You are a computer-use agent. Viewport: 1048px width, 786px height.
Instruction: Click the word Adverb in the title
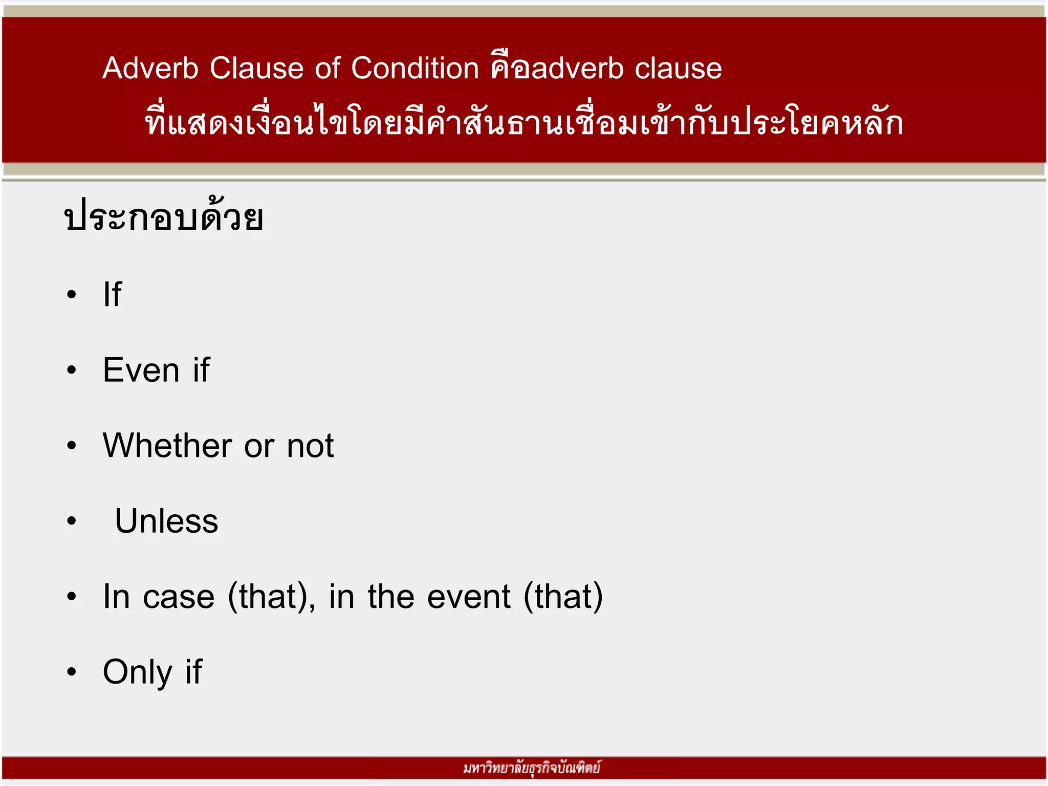click(x=150, y=68)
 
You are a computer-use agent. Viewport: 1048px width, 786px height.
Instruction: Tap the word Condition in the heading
click(x=415, y=68)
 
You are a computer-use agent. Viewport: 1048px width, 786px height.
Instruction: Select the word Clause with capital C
click(x=256, y=68)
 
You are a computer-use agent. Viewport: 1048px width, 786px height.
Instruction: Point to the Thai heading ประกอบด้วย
click(x=164, y=217)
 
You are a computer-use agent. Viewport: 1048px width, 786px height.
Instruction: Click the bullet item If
click(x=112, y=294)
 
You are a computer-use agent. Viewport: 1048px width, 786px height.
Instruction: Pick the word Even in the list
click(x=141, y=369)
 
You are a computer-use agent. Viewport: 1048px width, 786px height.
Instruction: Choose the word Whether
click(x=167, y=445)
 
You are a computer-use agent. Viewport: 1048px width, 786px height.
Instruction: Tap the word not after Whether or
click(x=310, y=446)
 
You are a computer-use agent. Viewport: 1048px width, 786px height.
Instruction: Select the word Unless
click(x=166, y=521)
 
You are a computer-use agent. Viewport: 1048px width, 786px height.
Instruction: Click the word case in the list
click(x=179, y=597)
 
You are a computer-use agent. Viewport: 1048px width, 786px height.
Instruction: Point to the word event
click(x=469, y=597)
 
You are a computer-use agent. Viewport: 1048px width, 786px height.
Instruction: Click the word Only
click(x=138, y=672)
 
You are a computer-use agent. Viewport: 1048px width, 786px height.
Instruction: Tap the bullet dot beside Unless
click(x=72, y=521)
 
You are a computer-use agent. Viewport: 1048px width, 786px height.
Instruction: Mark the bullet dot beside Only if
click(x=72, y=672)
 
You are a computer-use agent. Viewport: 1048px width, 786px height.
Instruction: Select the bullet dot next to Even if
click(x=72, y=370)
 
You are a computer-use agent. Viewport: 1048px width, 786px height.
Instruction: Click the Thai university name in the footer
click(x=531, y=768)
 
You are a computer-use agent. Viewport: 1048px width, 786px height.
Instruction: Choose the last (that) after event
click(x=563, y=597)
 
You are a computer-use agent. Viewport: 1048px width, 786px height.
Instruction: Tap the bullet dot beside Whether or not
click(x=72, y=446)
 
